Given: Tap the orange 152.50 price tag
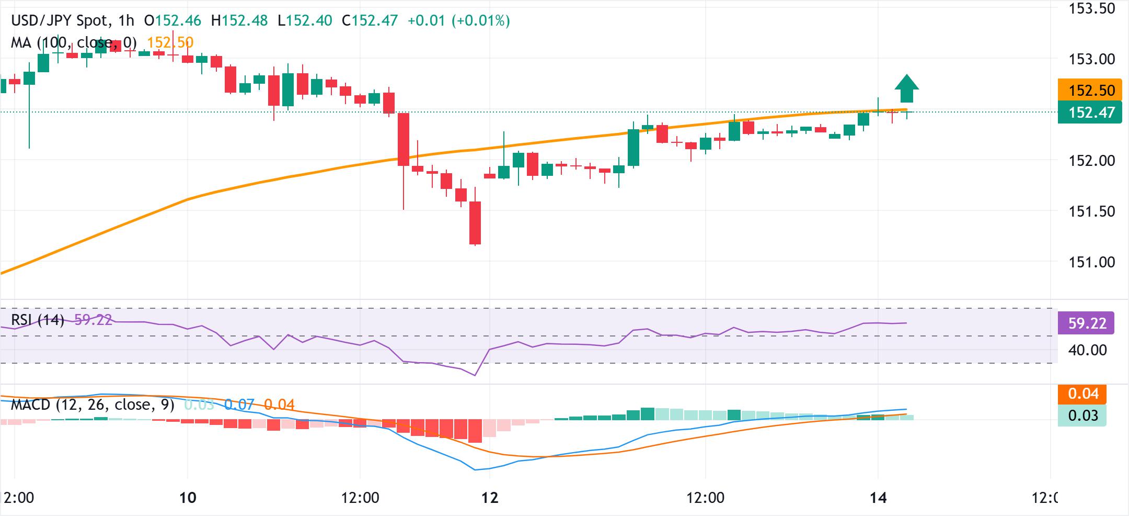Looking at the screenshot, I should point(1089,90).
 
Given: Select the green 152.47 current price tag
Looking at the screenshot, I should point(1089,113).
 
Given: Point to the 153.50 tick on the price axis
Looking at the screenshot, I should point(1091,9).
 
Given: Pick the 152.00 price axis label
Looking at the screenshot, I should point(1091,161).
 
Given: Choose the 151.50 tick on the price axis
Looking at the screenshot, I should point(1091,211).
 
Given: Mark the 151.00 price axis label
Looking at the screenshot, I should point(1091,262).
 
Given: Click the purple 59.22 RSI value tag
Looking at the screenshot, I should point(1086,323).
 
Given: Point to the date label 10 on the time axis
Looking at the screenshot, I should point(187,497).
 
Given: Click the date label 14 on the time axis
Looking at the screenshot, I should point(879,497).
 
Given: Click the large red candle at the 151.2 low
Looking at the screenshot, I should point(475,223).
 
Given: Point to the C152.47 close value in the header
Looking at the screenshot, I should point(370,21).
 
